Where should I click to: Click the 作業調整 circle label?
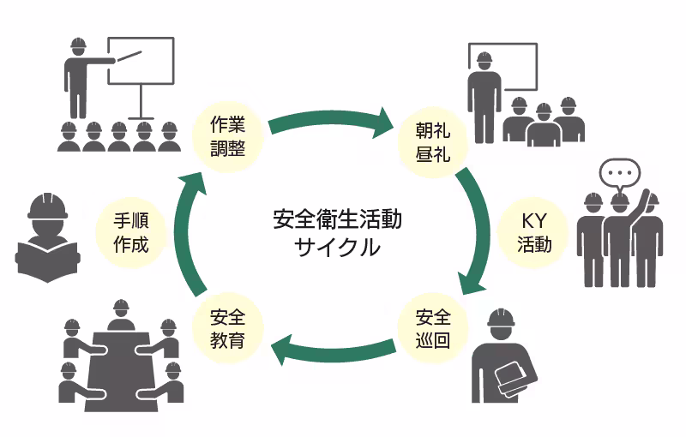228,136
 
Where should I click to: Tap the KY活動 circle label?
533,231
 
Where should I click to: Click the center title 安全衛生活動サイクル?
336,233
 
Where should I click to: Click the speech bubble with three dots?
619,174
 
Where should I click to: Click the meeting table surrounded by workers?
120,364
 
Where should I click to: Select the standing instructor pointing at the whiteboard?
80,77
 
